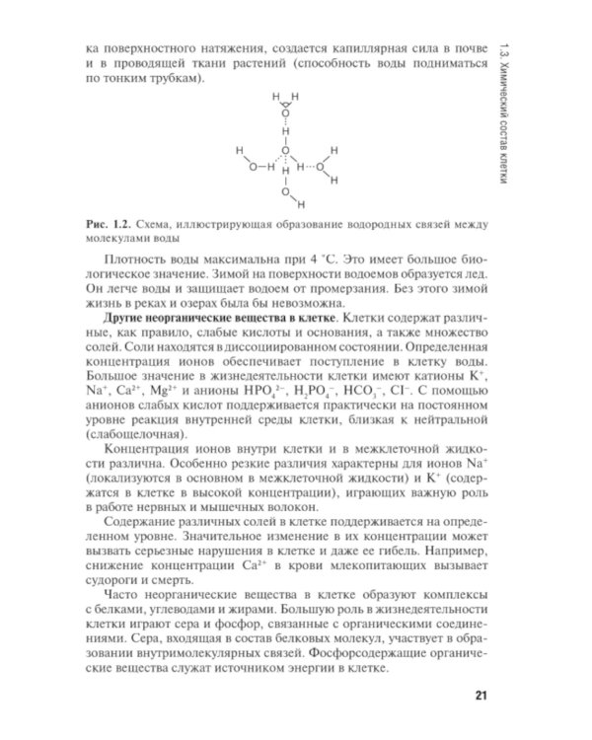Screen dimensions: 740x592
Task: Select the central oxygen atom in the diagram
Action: coord(285,150)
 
